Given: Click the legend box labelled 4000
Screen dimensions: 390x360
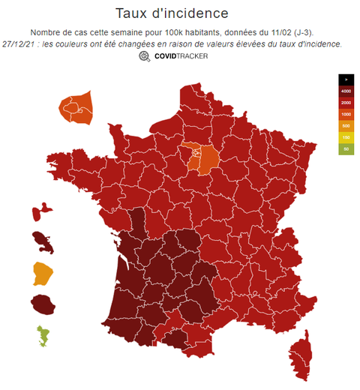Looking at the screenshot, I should click(346, 91).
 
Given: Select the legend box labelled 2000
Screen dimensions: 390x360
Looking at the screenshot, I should click(346, 102).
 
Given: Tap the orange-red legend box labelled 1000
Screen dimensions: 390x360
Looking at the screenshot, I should click(346, 114).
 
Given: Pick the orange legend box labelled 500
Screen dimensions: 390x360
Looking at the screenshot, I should click(346, 126).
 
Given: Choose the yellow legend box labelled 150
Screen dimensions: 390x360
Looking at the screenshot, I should click(346, 137).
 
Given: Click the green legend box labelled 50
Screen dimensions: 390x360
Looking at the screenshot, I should click(346, 149).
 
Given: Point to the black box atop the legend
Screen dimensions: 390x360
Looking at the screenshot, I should click(346, 79).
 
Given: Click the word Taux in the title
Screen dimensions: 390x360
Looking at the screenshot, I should click(132, 13).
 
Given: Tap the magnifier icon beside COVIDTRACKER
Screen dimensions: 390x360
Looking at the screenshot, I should click(144, 56).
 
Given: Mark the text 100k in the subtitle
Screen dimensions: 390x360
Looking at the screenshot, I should click(172, 32).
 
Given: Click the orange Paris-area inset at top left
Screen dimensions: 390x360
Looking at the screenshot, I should click(76, 110).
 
